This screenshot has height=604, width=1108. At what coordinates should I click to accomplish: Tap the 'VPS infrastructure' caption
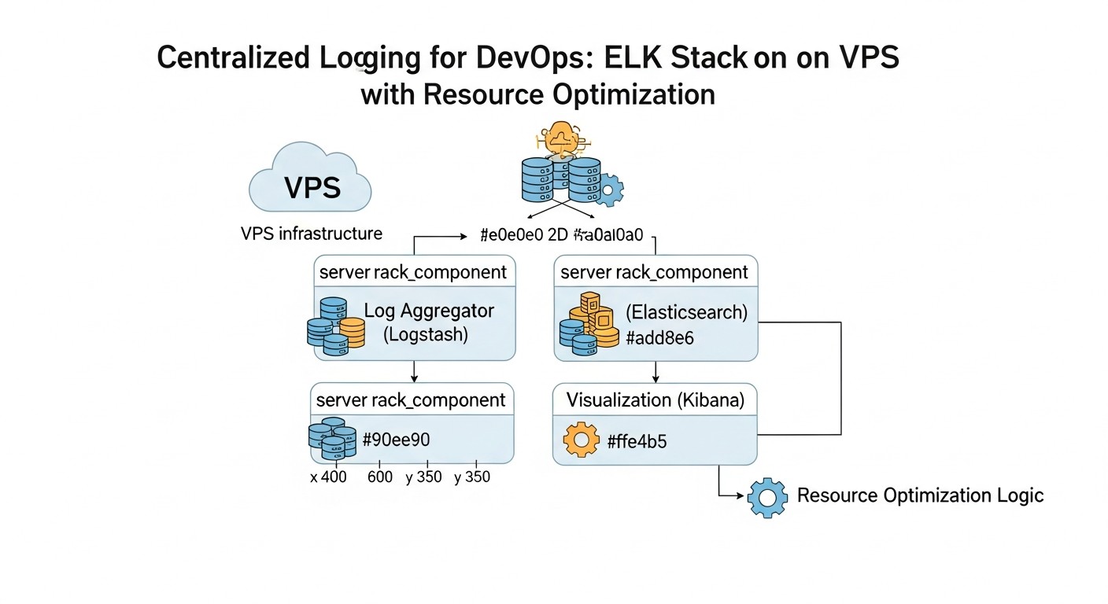coord(312,234)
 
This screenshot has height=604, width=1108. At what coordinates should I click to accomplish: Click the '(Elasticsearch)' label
coord(686,311)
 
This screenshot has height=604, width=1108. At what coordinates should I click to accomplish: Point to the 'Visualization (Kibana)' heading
coord(655,400)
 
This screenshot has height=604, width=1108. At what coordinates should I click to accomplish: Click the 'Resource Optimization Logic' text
coord(920,495)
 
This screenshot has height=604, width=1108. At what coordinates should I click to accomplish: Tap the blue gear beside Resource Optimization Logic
coord(767,497)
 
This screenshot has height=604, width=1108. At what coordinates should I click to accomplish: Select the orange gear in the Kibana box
coord(583,440)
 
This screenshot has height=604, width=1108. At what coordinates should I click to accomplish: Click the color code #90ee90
coord(396,440)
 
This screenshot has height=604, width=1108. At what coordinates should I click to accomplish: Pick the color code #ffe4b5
coord(637,441)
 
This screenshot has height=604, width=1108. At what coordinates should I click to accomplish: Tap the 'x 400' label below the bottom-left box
coord(329,477)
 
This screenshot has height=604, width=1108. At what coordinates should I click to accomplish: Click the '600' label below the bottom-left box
coord(380,477)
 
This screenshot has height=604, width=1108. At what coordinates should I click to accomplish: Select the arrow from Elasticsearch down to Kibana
coord(656,372)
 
